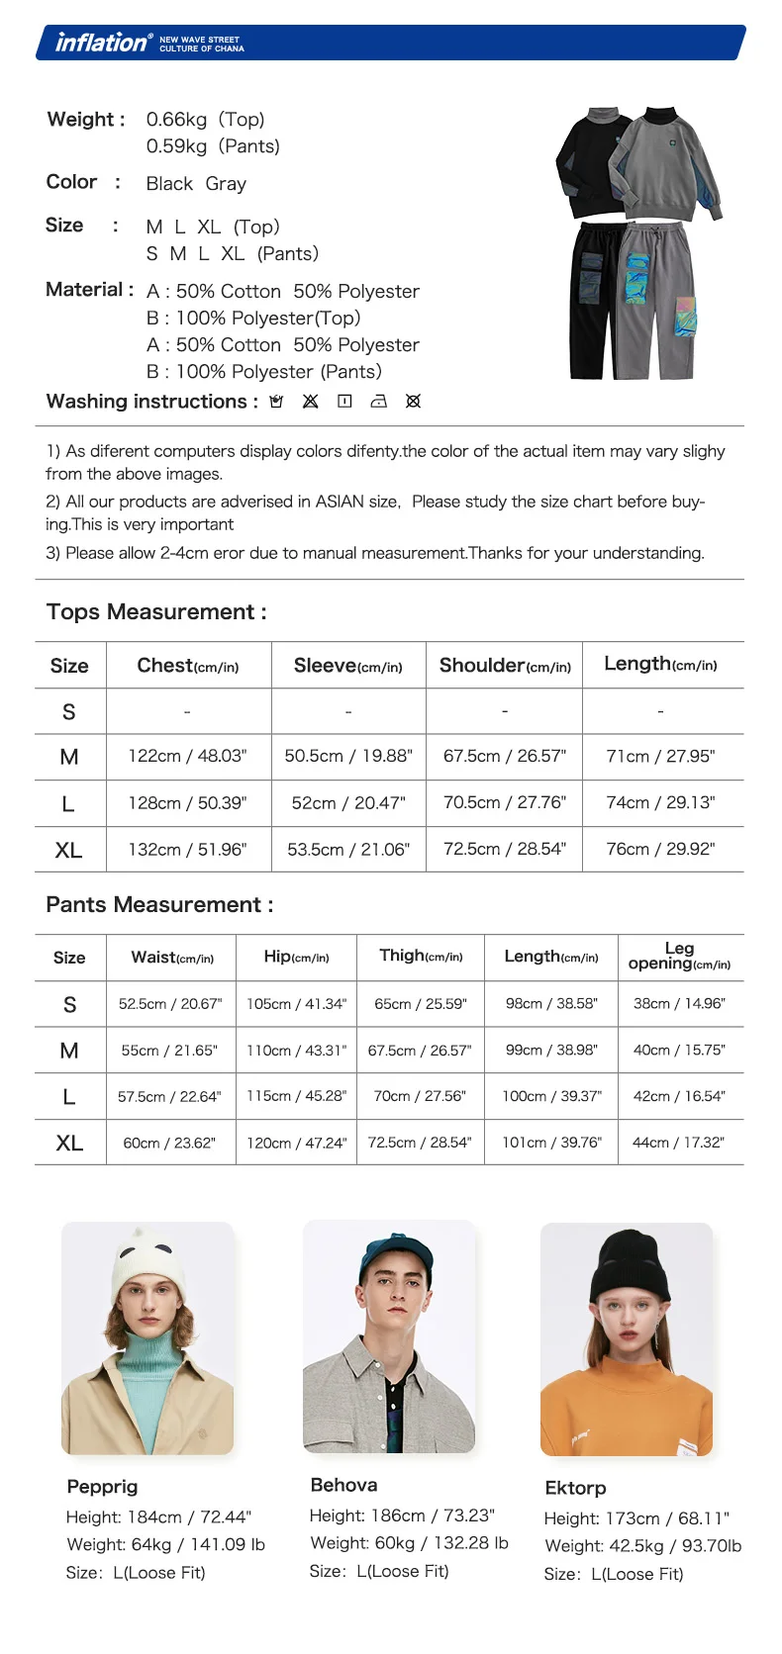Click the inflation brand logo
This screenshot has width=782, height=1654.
click(103, 43)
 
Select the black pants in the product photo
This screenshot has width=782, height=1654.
click(596, 297)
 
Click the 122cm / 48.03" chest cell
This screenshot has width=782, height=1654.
click(187, 756)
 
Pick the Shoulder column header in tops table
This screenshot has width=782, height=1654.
click(505, 666)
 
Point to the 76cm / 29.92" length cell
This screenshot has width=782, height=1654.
click(660, 849)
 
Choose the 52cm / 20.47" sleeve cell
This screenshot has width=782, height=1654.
click(348, 802)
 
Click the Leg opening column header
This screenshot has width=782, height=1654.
click(679, 956)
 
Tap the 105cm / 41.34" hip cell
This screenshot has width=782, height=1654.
click(296, 1003)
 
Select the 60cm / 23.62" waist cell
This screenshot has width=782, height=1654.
click(169, 1143)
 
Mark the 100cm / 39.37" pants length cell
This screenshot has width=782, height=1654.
click(551, 1096)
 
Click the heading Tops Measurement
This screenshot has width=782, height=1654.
click(156, 612)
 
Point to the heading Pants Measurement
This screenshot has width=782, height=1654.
click(159, 905)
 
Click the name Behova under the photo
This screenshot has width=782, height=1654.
click(343, 1485)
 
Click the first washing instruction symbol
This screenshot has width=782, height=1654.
click(277, 402)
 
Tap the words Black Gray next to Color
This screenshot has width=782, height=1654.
click(196, 184)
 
